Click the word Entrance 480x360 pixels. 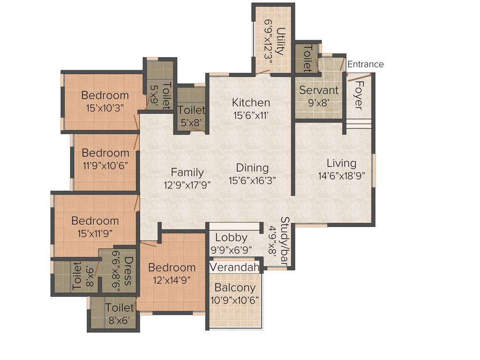(x=365, y=65)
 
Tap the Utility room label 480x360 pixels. (x=280, y=42)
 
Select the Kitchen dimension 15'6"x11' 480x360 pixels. (x=251, y=115)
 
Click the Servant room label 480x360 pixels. (x=319, y=90)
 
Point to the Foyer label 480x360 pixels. (x=359, y=96)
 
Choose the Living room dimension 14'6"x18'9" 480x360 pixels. (x=341, y=176)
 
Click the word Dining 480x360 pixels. (x=252, y=168)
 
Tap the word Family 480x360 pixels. (x=187, y=172)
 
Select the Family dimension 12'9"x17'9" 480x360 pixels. (x=187, y=185)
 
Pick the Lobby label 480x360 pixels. (x=231, y=237)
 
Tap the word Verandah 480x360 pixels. (x=234, y=268)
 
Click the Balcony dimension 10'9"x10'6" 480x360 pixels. (x=235, y=300)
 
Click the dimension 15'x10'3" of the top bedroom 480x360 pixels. (x=105, y=108)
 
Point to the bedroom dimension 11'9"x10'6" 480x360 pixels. (x=105, y=165)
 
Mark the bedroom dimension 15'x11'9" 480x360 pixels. (x=95, y=232)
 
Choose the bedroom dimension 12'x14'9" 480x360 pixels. (x=172, y=280)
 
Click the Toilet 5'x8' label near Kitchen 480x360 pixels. (x=191, y=115)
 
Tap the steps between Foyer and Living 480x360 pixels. (x=358, y=123)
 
